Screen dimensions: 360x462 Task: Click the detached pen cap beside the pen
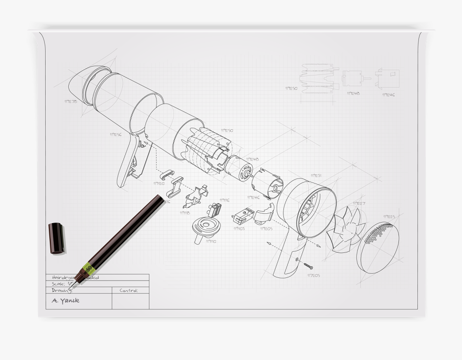(56, 237)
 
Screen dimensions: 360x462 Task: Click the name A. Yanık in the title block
(66, 301)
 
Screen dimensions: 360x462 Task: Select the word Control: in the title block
(129, 290)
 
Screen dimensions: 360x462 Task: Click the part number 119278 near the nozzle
(70, 102)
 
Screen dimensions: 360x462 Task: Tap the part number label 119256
(115, 135)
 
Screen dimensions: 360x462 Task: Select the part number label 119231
(316, 175)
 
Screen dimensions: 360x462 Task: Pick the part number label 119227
(359, 204)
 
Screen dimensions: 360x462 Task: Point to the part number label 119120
(159, 183)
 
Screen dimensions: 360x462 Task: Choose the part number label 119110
(210, 241)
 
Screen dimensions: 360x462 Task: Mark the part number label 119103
(239, 229)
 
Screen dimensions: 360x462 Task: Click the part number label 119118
(185, 212)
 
